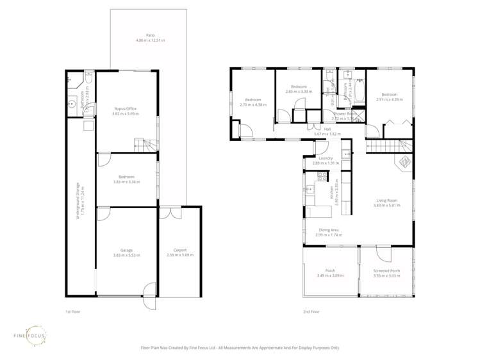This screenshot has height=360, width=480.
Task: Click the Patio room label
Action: pos(150,35)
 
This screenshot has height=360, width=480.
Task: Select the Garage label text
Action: pos(126,250)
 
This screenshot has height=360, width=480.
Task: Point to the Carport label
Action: pos(180,250)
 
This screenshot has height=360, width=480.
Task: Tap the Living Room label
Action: pos(386,200)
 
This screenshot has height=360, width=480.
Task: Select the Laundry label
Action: pos(325,158)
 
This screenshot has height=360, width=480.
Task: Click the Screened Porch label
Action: pos(386,271)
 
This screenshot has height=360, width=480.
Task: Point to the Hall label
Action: pos(327,129)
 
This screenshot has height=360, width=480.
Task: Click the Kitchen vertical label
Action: pos(331,190)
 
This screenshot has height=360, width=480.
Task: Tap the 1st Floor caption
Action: pos(72,312)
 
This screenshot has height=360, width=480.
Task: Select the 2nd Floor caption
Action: pos(311,312)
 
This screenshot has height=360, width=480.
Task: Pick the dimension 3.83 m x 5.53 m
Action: pos(126,256)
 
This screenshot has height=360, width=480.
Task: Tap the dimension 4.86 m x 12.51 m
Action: pos(150,40)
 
